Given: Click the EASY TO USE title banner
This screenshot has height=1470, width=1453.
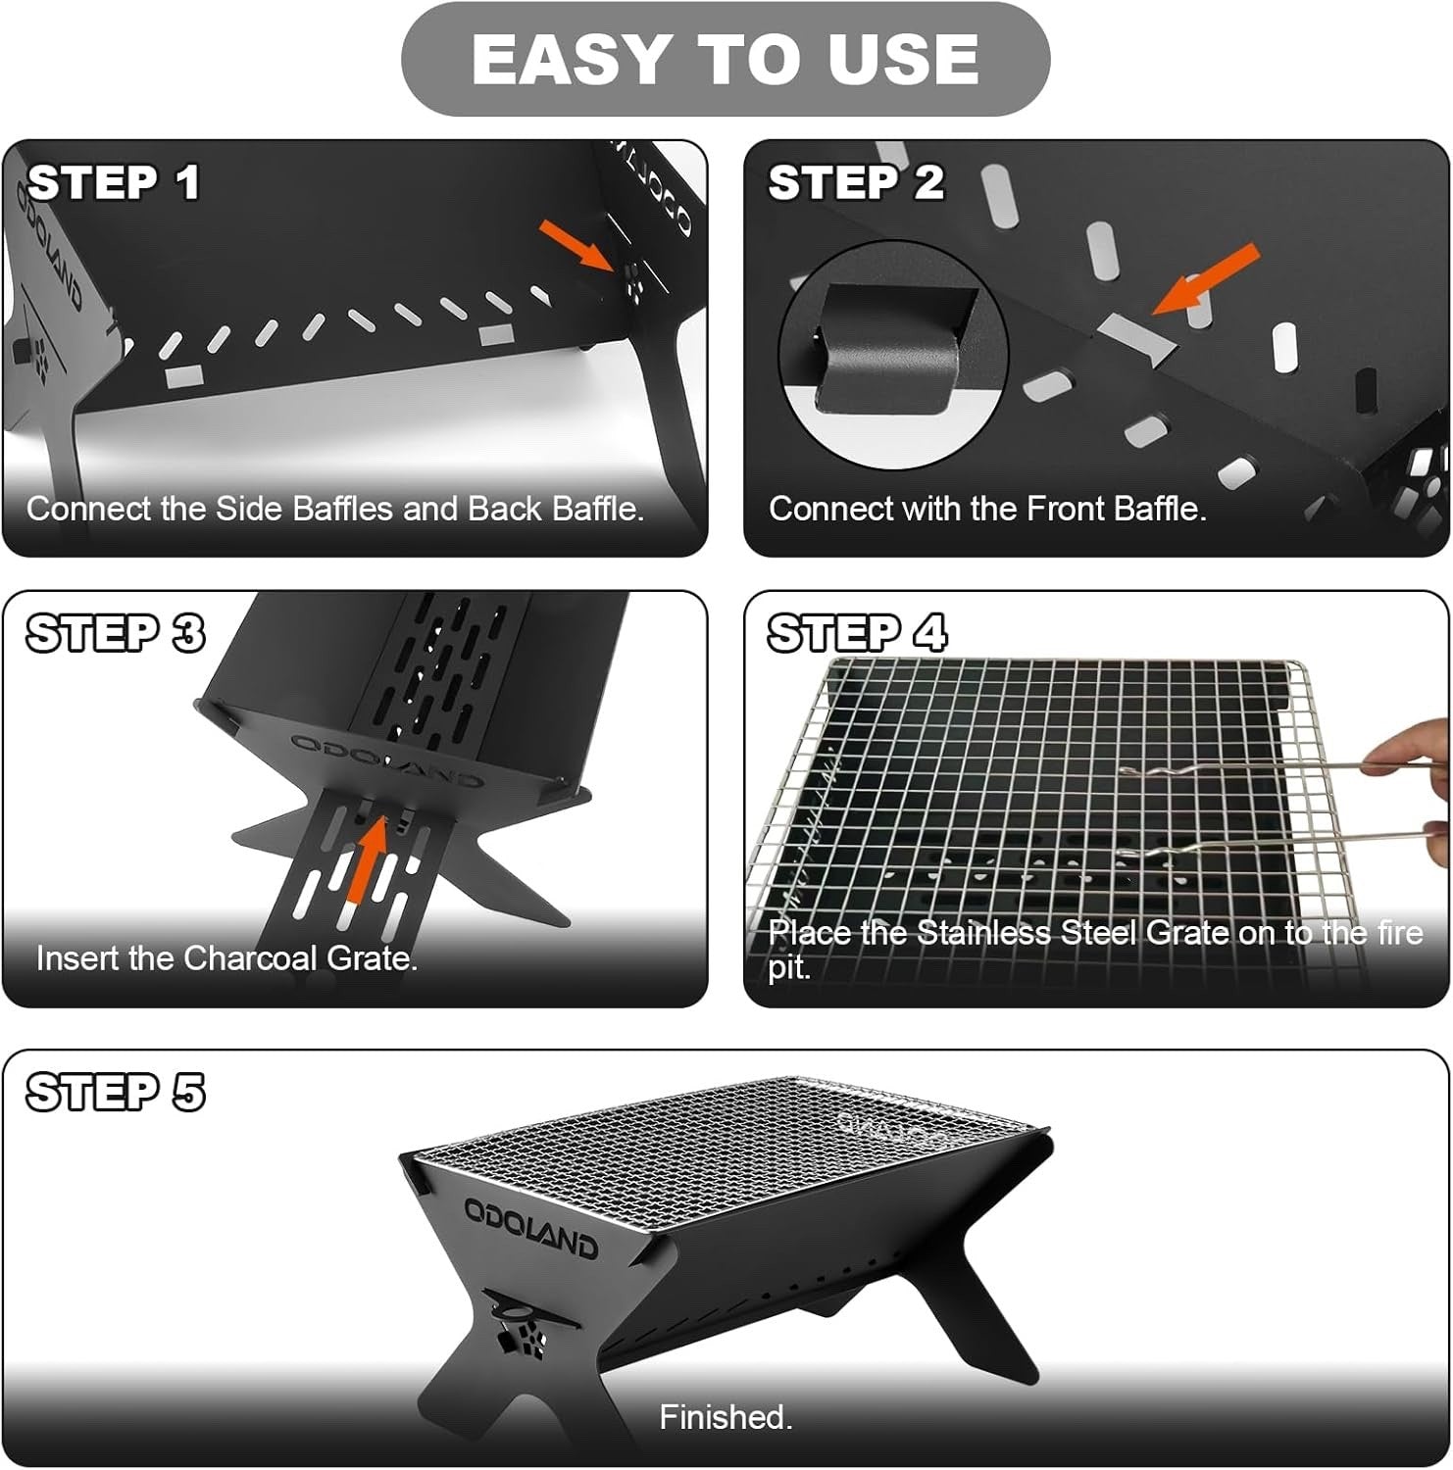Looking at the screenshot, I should point(726,59).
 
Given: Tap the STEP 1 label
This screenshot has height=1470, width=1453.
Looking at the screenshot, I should point(114,182).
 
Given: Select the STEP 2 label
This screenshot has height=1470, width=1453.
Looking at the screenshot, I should point(856,182).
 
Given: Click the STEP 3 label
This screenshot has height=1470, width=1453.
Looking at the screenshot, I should point(116,633).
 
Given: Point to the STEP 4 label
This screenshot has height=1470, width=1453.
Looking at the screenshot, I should point(857,633).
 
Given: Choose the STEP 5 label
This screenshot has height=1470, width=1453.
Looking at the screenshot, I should point(116,1092).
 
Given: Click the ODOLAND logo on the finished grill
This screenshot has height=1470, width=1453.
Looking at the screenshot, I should point(530,1225).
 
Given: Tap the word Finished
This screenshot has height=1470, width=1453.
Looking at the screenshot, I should point(726,1417).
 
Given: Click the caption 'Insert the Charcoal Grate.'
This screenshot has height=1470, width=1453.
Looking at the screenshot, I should point(226,957).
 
